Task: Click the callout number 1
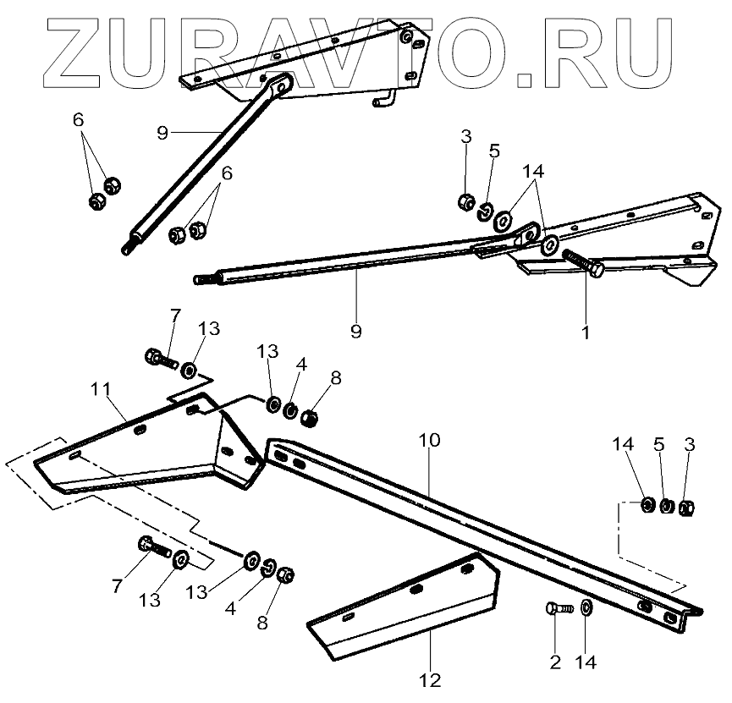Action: point(585,332)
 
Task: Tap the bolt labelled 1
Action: point(583,263)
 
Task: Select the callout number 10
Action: point(429,439)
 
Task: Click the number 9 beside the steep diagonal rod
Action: point(163,133)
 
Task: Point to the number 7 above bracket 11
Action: point(175,316)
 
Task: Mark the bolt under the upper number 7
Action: point(161,360)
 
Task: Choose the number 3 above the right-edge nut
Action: point(689,444)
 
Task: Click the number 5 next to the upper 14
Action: point(495,151)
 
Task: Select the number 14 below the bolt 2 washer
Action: point(585,662)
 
